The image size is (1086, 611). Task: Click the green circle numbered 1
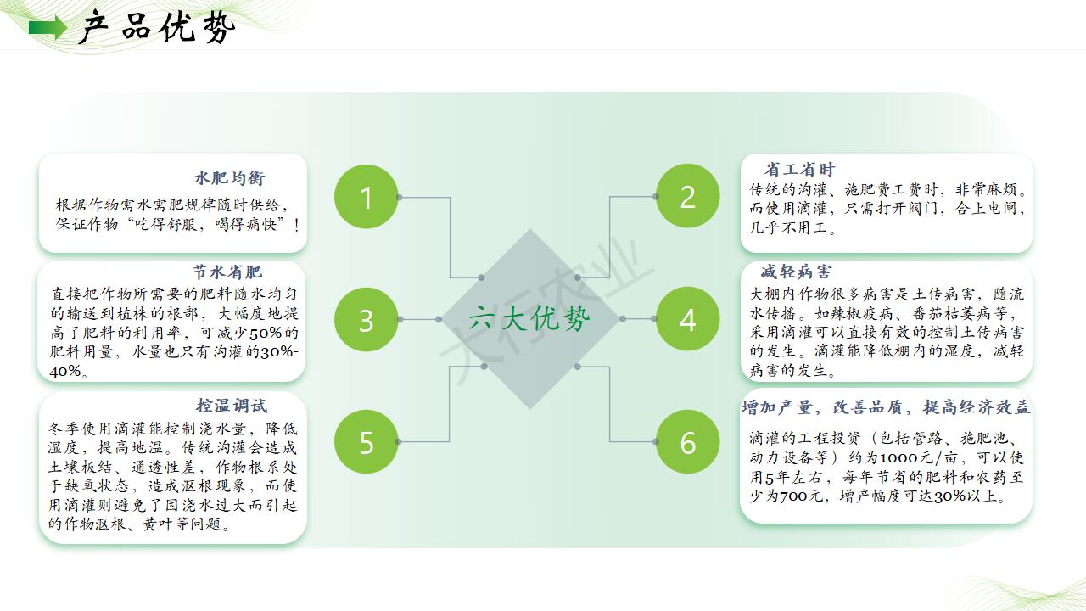pos(366,196)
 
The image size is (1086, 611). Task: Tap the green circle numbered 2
pos(687,196)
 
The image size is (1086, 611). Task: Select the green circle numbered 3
pos(366,320)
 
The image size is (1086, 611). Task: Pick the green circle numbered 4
pos(687,319)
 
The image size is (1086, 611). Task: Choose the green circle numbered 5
pos(366,442)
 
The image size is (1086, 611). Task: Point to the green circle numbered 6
pos(687,442)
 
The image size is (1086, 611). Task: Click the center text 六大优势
pos(529,318)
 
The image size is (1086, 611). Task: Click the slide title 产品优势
pos(157,28)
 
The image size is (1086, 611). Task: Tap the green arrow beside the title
pos(48,28)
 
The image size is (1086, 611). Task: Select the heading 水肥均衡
pos(230,178)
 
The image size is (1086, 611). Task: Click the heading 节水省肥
pos(227,272)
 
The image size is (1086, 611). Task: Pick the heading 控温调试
pos(232,406)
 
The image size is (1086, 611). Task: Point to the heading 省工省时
pos(800,169)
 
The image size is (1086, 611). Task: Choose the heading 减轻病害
pos(796,272)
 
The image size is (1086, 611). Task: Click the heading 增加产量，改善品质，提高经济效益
pos(886,407)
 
